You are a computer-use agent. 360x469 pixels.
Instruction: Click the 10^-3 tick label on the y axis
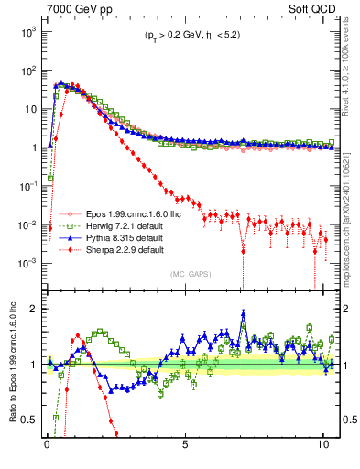[28, 263]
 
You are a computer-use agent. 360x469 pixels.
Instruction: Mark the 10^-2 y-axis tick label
[28, 224]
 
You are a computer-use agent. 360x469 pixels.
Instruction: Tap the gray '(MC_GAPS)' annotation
[186, 274]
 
